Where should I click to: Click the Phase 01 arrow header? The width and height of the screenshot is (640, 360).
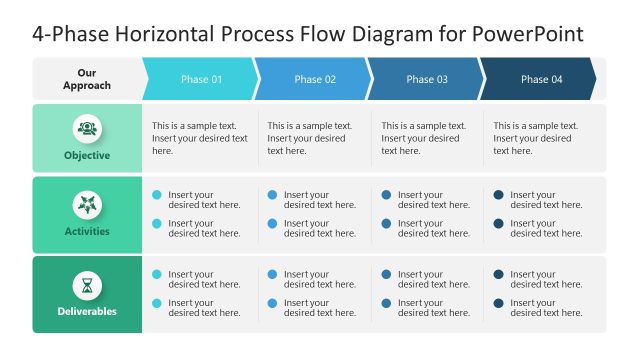click(201, 79)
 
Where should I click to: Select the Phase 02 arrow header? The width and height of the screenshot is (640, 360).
click(315, 79)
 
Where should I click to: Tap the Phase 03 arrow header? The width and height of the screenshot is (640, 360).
click(427, 79)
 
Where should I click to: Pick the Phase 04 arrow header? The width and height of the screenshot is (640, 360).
click(541, 79)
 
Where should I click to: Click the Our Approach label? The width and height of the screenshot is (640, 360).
click(87, 79)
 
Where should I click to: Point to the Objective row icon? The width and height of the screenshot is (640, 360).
click(87, 128)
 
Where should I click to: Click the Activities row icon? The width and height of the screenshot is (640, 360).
click(87, 205)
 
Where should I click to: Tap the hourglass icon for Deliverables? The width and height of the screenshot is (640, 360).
click(87, 285)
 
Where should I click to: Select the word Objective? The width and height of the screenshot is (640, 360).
click(87, 156)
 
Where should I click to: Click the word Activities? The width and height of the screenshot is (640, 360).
click(87, 232)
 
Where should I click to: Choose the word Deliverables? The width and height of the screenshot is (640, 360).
click(87, 311)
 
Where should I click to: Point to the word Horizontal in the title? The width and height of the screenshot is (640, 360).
click(166, 34)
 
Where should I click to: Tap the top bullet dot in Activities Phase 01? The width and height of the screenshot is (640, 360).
click(157, 195)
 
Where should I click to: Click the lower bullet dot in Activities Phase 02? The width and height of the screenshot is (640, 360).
click(272, 224)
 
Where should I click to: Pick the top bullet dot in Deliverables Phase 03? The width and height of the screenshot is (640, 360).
click(386, 274)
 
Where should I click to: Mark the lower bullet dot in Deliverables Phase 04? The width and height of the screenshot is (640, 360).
click(499, 303)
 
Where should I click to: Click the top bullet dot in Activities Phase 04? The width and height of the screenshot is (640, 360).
click(499, 195)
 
